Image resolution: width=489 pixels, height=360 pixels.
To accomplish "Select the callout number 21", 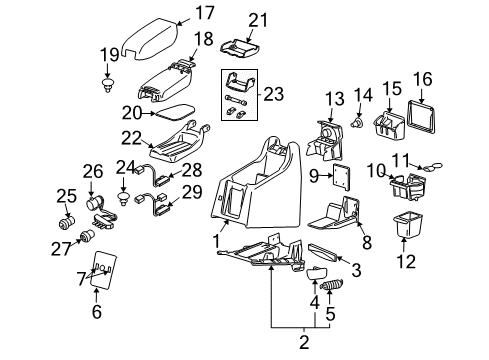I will point(259,19).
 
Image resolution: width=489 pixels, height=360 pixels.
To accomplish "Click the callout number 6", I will point(96,313).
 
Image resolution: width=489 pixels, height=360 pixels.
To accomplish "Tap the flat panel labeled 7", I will point(104,270).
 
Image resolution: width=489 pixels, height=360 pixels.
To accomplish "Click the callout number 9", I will point(312,177).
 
